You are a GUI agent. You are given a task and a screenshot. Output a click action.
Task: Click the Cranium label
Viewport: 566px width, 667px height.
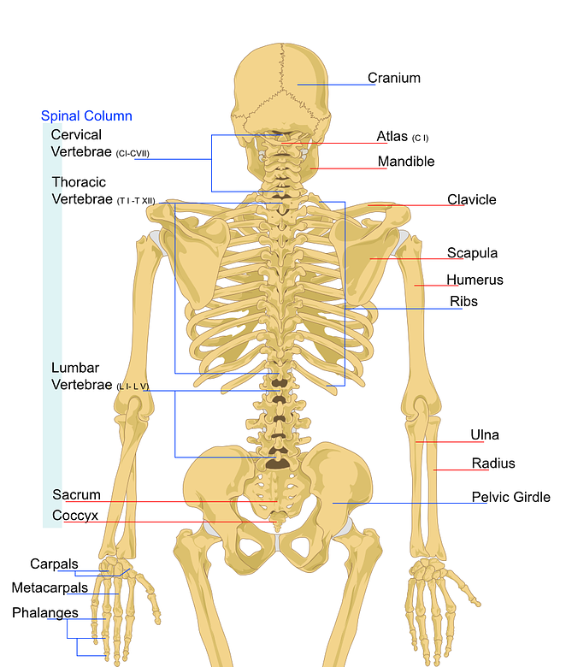[x=394, y=78]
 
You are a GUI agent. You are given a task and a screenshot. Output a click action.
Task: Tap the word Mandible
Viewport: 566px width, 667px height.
[x=406, y=162]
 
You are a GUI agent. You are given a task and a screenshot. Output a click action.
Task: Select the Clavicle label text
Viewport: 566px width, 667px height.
[x=471, y=200]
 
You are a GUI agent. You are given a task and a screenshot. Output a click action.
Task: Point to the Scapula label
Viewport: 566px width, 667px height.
[x=472, y=253]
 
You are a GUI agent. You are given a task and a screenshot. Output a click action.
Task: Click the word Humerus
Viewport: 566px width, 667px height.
[x=475, y=280]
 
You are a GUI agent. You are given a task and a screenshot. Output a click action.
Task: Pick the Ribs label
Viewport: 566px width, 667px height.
[x=463, y=301]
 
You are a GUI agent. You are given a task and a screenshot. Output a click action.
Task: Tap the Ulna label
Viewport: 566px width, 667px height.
[x=485, y=435]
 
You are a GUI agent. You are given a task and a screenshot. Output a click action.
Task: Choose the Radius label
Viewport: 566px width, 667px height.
[x=493, y=463]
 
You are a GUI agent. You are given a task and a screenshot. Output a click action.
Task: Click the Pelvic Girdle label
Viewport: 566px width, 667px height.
[x=510, y=497]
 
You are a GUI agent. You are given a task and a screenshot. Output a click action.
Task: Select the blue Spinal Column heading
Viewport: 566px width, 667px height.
[x=86, y=115]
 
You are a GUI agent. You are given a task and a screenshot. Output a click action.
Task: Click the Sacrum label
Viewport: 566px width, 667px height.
[x=76, y=494]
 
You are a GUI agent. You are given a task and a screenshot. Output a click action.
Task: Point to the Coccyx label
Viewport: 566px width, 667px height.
[x=75, y=516]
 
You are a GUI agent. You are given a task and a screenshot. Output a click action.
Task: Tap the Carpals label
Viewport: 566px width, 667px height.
[x=54, y=564]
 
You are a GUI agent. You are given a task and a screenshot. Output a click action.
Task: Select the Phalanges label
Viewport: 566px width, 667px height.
[x=44, y=612]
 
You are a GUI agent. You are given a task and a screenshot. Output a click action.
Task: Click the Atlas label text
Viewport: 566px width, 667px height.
[x=392, y=137]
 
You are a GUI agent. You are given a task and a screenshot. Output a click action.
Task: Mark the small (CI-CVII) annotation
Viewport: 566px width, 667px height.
[x=133, y=154]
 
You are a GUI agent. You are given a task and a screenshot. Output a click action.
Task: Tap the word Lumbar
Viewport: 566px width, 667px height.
[x=75, y=368]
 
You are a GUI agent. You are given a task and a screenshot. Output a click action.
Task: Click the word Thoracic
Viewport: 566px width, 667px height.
[x=79, y=182]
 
